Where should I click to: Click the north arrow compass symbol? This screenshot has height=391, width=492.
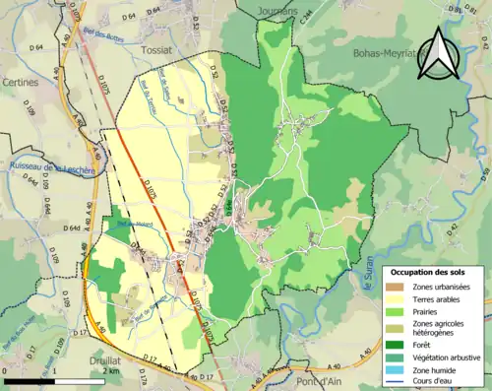(x=438, y=54)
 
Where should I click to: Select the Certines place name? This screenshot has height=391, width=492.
(x=19, y=82)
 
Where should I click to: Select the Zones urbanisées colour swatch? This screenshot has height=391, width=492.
(x=396, y=286)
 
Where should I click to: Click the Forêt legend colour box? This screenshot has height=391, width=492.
(x=396, y=344)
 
